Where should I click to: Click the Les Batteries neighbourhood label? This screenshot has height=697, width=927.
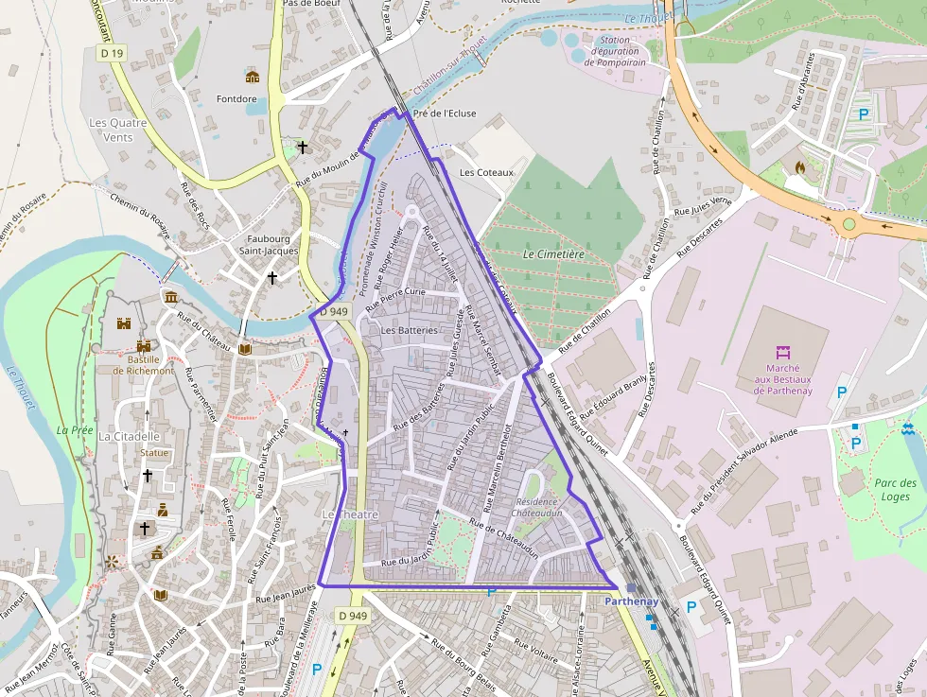(409, 330)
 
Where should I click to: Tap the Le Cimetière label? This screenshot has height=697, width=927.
(553, 253)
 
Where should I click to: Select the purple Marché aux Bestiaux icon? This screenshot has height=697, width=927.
(782, 352)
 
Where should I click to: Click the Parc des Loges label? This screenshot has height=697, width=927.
(894, 490)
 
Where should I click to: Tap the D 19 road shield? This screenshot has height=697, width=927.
(112, 54)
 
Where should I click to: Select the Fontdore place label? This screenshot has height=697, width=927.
(236, 98)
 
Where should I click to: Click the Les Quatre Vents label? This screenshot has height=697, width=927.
(111, 130)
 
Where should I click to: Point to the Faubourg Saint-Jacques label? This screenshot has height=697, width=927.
(268, 245)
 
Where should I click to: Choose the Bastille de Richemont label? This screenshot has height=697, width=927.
(144, 365)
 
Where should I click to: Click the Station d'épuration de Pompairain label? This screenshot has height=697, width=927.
(614, 51)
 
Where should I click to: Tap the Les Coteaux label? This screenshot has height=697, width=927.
(486, 172)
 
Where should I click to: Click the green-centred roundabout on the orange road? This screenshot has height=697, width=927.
(848, 224)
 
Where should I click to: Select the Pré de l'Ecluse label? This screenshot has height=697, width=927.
(439, 113)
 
